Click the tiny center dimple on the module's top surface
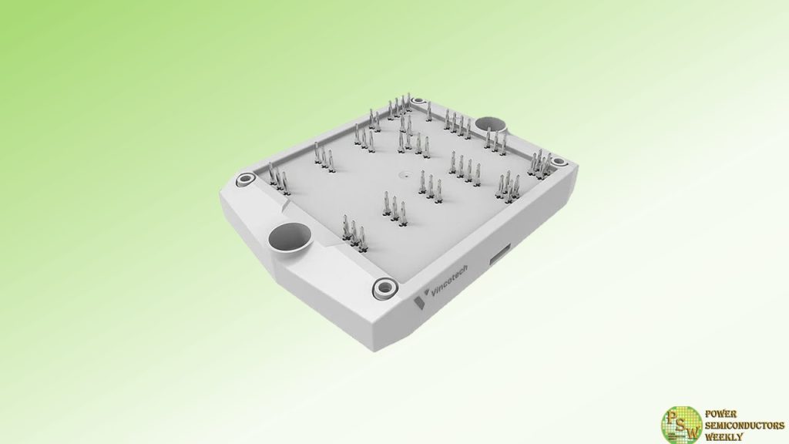click(399, 173)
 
